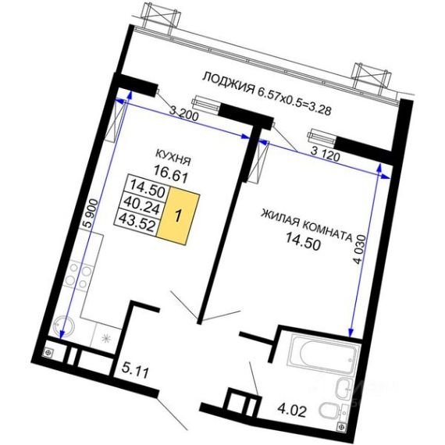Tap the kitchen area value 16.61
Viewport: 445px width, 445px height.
[x=171, y=173]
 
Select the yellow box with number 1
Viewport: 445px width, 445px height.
[x=178, y=215]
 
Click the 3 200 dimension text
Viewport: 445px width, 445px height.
[x=183, y=113]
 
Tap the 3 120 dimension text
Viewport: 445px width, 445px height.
[x=326, y=154]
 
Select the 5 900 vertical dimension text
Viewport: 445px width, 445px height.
[x=92, y=213]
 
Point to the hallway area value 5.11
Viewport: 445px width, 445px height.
[x=135, y=370]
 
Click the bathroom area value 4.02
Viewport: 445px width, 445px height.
[x=292, y=410]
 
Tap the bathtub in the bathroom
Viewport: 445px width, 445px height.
[x=324, y=355]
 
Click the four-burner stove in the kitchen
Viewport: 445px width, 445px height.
[x=78, y=275]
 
